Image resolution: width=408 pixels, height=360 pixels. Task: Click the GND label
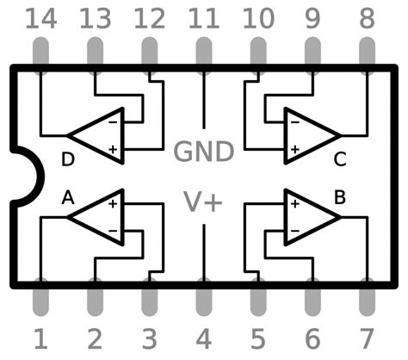point(204,152)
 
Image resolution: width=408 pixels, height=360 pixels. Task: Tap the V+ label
point(204,202)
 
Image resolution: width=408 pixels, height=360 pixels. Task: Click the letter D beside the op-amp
point(68,158)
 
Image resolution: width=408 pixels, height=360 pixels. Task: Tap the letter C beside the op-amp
point(340,158)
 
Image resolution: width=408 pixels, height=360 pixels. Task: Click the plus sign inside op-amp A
point(113,204)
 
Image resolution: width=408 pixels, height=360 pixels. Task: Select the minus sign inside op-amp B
point(294,231)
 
